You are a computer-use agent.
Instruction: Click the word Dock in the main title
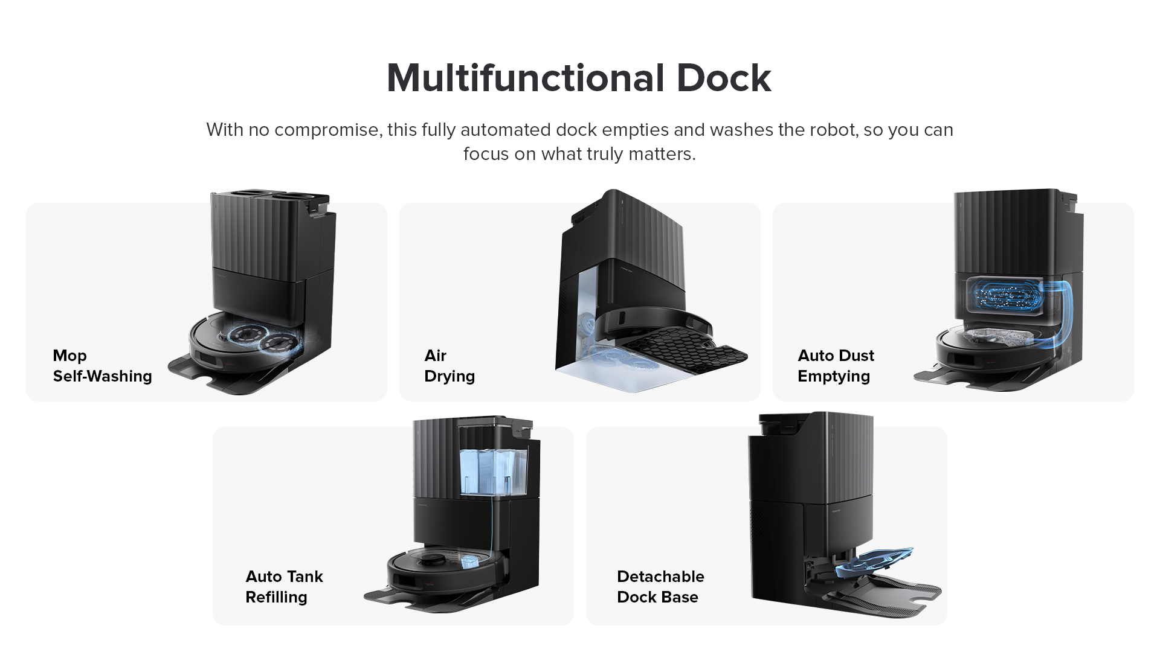pos(723,78)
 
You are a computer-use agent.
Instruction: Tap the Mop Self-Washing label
pos(102,366)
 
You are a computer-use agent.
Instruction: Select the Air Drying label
pos(449,366)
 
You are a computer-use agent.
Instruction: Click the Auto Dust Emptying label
pos(836,366)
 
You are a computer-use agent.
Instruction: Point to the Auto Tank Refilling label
pos(284,587)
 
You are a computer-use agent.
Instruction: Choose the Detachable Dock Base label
pos(660,587)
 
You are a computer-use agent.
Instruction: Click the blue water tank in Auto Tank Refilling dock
pos(492,471)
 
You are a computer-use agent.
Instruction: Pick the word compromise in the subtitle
pos(326,130)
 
